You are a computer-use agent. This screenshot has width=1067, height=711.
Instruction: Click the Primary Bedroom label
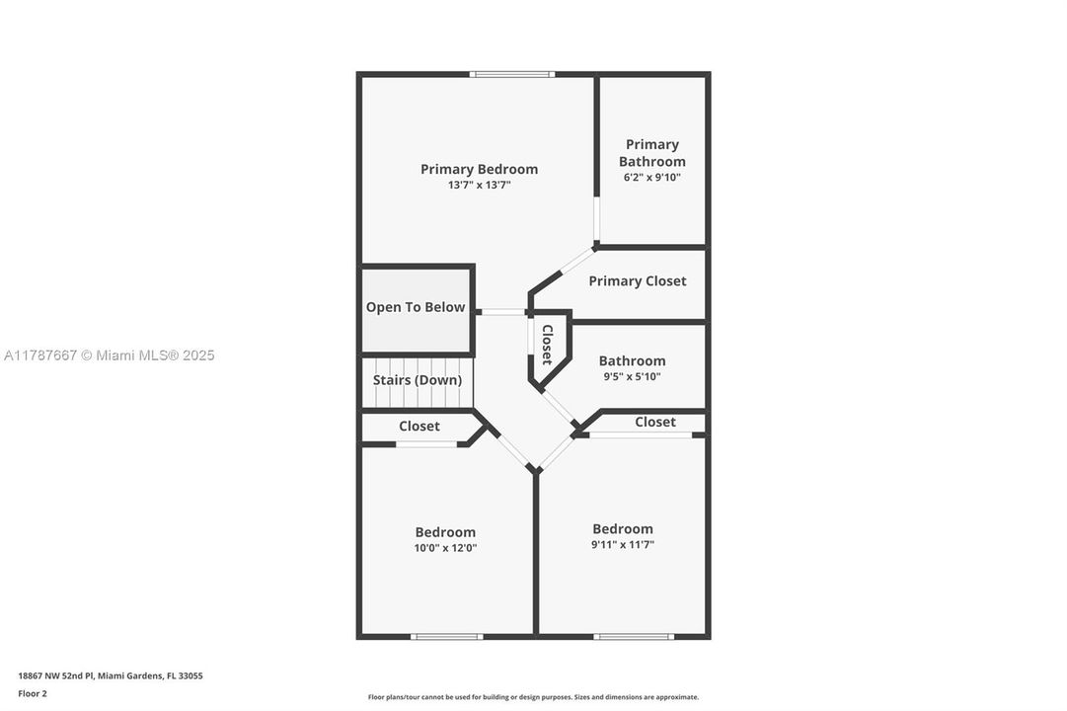[x=479, y=169]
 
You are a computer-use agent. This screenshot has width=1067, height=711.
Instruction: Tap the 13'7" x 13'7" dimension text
[x=479, y=185]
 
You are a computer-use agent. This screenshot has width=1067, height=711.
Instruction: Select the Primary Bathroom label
[x=651, y=153]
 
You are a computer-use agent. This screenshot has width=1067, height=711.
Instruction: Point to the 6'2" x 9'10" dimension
[x=651, y=178]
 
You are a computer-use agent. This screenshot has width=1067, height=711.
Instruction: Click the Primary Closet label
[x=637, y=281]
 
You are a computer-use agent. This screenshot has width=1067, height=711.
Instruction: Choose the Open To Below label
[x=416, y=307]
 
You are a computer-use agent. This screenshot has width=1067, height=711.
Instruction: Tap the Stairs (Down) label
[x=417, y=380]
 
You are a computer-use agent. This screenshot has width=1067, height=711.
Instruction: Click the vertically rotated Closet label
[x=547, y=345]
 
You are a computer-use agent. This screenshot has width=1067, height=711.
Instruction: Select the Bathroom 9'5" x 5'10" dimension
[x=632, y=376]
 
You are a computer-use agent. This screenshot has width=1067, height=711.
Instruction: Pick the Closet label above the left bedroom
[x=419, y=427]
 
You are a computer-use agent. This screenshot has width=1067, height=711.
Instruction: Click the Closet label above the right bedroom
[x=655, y=422]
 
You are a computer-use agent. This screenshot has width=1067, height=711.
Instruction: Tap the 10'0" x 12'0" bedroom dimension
[x=445, y=548]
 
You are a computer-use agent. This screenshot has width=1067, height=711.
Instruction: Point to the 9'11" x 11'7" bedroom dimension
[x=623, y=544]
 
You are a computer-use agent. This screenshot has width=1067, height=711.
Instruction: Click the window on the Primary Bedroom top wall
[x=511, y=74]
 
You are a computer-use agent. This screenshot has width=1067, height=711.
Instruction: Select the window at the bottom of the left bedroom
[x=446, y=636]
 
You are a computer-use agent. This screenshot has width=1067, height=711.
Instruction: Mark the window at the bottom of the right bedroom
[x=633, y=636]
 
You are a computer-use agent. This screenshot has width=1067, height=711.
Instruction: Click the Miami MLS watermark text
[x=109, y=355]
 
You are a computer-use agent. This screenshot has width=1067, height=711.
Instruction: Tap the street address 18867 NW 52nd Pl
[x=111, y=676]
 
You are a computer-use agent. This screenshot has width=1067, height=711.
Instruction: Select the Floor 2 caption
[x=33, y=693]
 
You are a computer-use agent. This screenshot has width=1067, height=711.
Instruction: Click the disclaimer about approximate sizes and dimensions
[x=533, y=697]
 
